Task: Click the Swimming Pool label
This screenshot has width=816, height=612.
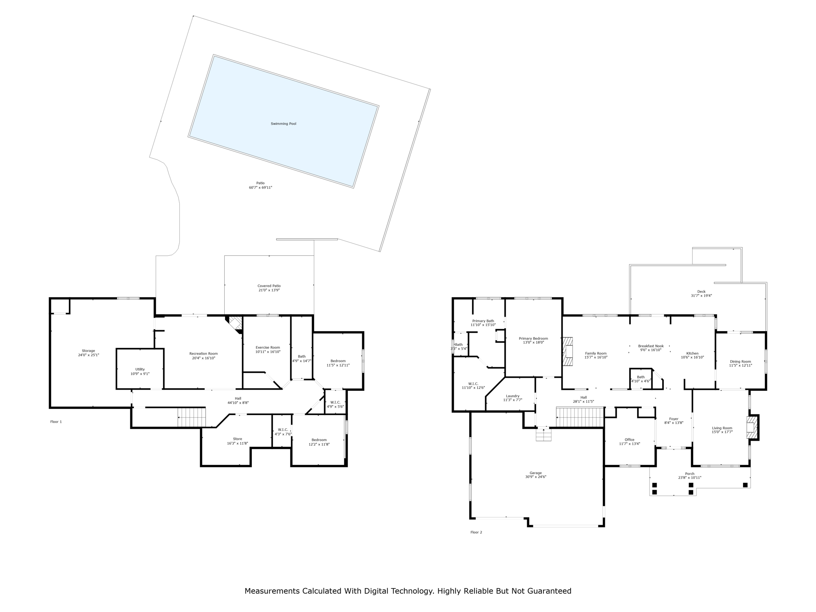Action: [x=283, y=124]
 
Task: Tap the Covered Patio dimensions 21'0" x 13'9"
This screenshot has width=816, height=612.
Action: [x=269, y=290]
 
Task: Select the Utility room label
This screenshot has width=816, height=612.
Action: [x=140, y=369]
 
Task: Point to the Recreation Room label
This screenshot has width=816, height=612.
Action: [x=204, y=354]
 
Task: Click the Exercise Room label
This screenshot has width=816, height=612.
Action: [x=268, y=347]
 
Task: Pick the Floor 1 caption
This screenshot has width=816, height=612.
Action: [x=56, y=422]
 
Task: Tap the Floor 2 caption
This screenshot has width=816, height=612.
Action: [x=476, y=532]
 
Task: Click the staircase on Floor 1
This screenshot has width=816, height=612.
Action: [x=192, y=417]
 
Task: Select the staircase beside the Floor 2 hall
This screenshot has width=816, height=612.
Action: [x=580, y=417]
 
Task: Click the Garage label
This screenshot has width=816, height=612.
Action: [x=535, y=473]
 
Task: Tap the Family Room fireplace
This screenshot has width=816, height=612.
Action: [x=568, y=351]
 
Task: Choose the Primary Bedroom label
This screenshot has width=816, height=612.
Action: [x=533, y=339]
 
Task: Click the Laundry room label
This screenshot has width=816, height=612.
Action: [x=513, y=396]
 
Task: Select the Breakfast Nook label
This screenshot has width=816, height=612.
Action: [x=651, y=346]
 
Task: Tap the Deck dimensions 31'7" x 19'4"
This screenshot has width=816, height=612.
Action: [x=701, y=296]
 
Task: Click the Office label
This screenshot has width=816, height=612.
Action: [x=630, y=440]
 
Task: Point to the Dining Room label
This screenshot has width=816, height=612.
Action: [x=740, y=362]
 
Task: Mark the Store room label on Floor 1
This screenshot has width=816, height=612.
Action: [x=237, y=439]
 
